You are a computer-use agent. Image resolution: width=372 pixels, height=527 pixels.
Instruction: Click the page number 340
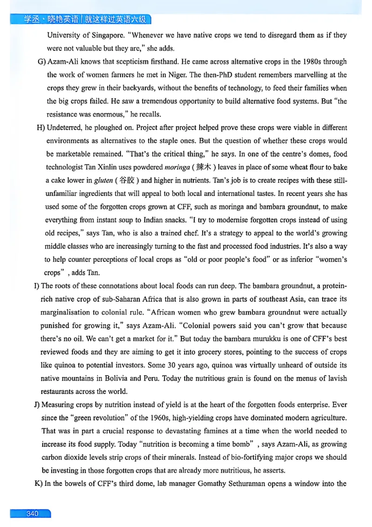point(32,513)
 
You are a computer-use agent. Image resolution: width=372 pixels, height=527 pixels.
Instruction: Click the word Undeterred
point(66,128)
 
